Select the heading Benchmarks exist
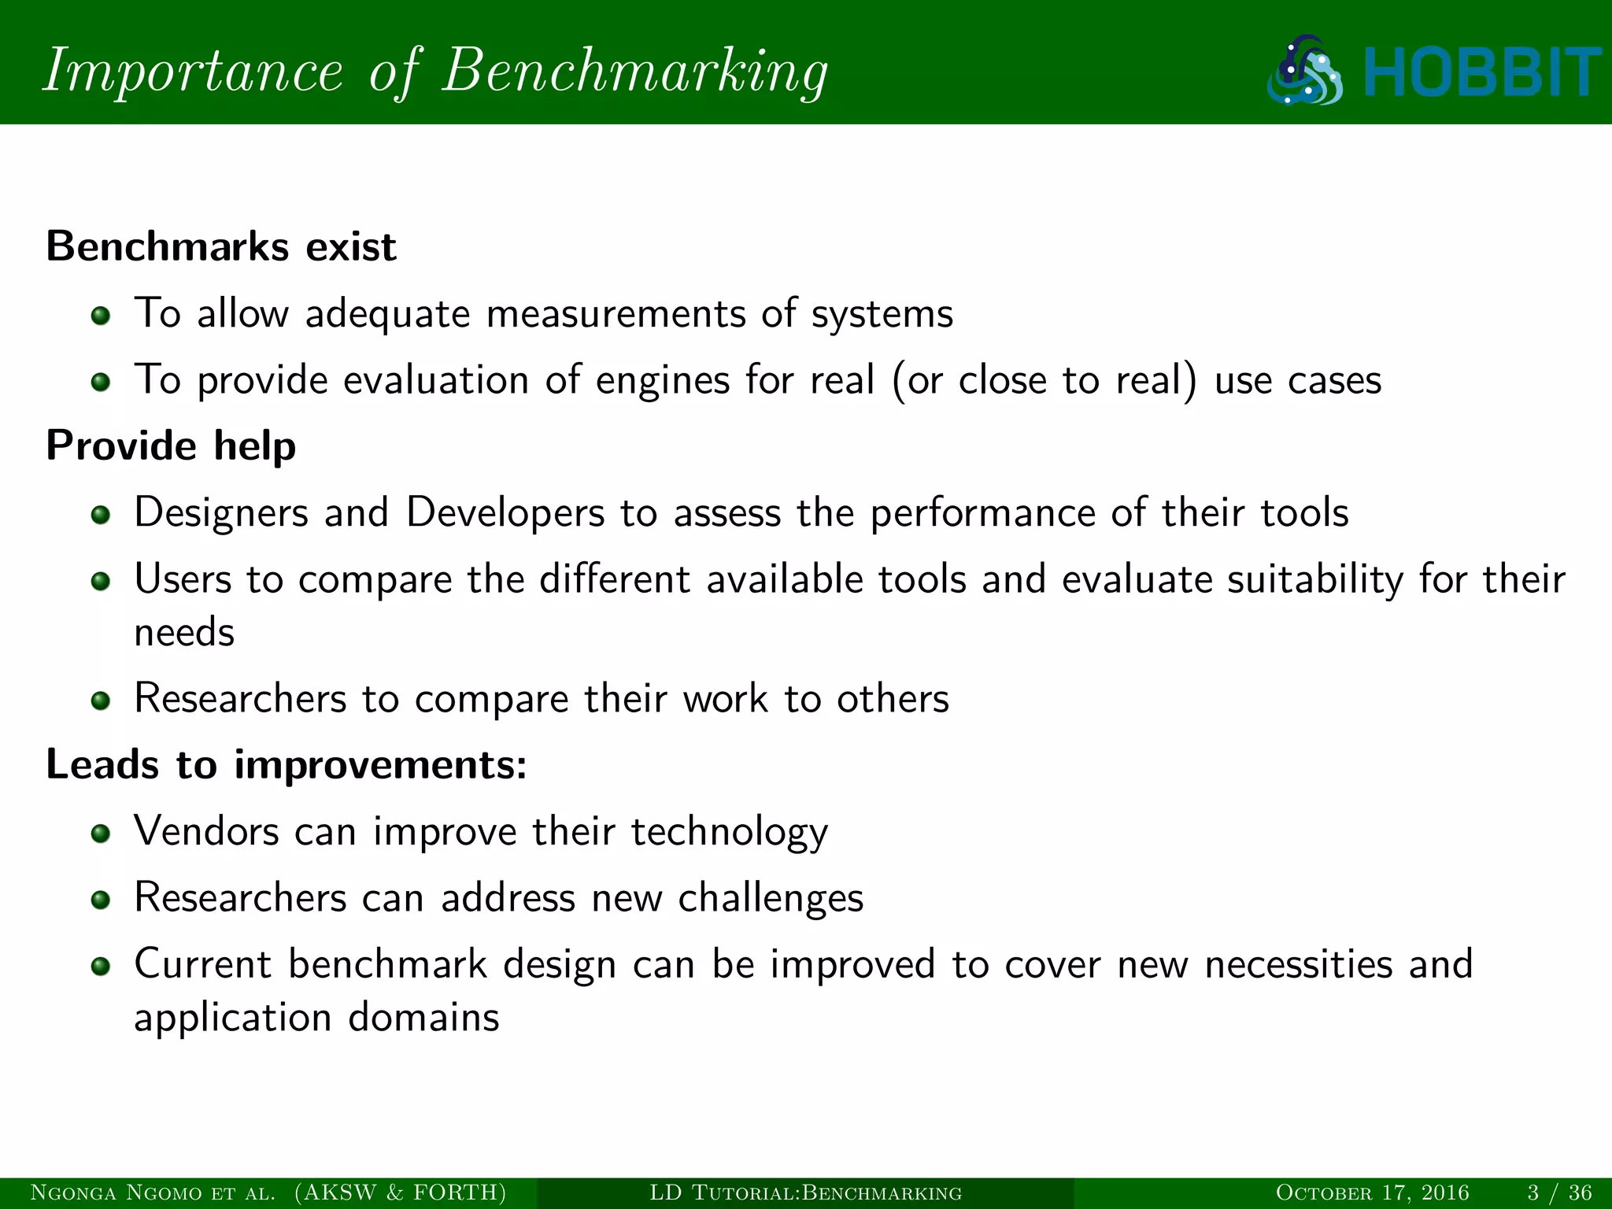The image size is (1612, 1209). point(221,246)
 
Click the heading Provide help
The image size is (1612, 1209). point(171,446)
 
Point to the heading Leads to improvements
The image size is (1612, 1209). point(287,764)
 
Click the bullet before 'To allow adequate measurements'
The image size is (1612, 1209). point(100,316)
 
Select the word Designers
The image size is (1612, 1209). point(221,513)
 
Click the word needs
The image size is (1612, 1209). point(184,633)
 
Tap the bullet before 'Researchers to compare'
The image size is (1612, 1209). point(100,701)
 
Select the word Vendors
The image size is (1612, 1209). point(206,831)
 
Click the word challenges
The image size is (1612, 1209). point(771,898)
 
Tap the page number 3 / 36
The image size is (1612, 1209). point(1559,1192)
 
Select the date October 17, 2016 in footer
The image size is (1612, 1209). point(1372,1192)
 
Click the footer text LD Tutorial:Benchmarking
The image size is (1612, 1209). point(805,1192)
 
